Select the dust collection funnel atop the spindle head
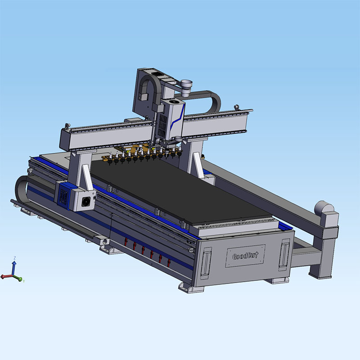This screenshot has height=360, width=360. [186, 85]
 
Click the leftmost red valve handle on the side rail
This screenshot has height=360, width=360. [125, 244]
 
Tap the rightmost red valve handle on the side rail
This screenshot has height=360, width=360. [169, 261]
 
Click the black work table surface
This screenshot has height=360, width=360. [180, 189]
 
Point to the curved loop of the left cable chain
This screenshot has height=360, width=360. [20, 189]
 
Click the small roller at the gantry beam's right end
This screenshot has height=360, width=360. [236, 108]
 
